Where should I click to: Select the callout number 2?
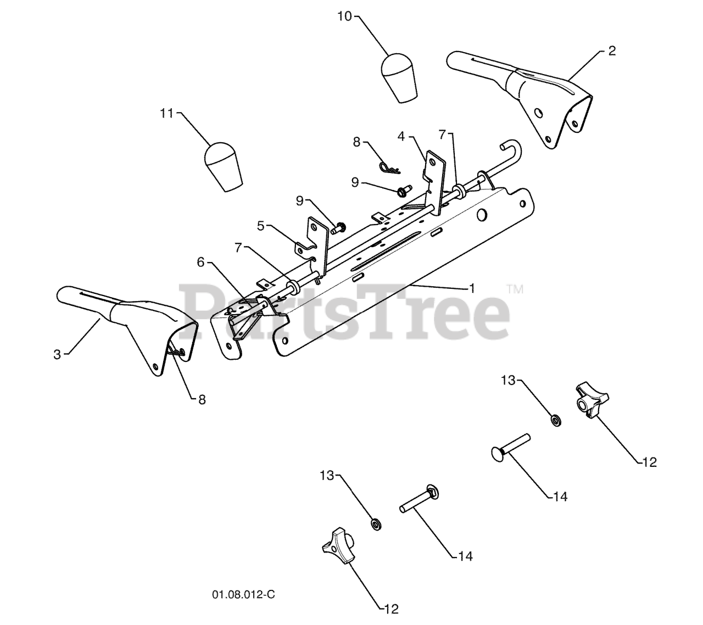612,51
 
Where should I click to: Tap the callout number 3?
57,355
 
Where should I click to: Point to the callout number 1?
472,288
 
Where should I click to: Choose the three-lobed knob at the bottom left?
336,543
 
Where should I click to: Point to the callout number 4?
401,136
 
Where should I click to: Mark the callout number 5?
260,225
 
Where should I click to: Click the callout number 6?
200,263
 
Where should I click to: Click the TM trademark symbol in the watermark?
514,289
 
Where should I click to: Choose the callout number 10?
344,16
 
